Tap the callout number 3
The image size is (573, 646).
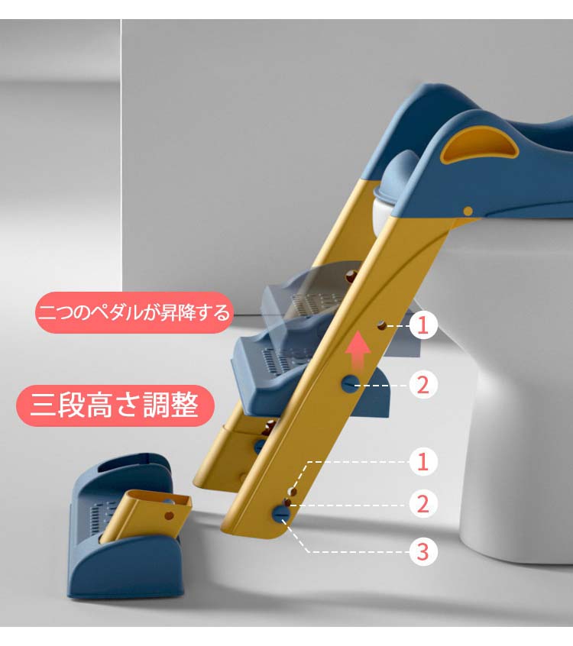[423, 551]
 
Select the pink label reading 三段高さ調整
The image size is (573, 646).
[115, 405]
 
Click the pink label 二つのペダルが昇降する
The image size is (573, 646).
[134, 312]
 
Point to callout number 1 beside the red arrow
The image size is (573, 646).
[423, 325]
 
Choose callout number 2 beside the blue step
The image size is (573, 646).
[423, 386]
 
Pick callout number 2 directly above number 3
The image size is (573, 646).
[423, 505]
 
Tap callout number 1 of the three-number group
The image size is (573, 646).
[423, 461]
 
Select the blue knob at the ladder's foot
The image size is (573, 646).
[280, 514]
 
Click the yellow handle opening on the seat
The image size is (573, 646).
[480, 145]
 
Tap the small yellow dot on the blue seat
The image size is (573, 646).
[468, 212]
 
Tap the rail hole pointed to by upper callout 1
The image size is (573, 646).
[382, 325]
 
